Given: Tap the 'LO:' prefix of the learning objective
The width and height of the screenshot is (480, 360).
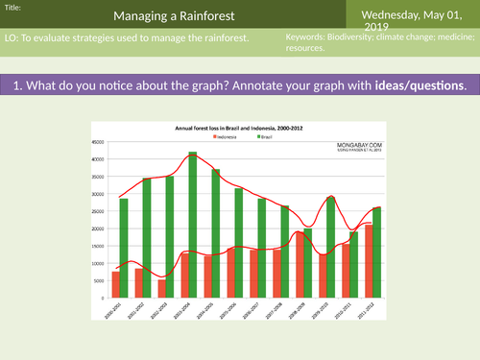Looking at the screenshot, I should click(12, 37).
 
